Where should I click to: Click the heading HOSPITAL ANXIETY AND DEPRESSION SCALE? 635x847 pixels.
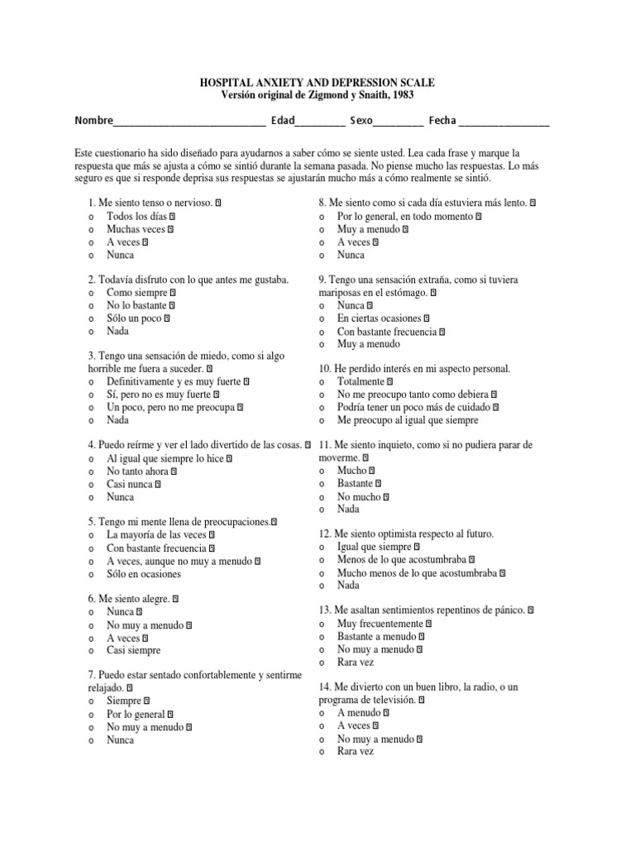317,84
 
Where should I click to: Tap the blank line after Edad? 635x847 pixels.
320,122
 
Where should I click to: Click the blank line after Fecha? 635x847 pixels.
504,122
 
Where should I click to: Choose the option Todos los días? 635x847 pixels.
136,216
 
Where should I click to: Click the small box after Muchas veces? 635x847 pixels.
171,230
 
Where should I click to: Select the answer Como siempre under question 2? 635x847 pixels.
136,292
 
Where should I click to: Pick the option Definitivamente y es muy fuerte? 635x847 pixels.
174,382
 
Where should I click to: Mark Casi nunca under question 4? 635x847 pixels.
129,484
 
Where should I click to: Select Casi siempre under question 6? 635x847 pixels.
133,651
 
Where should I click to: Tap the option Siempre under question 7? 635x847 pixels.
124,701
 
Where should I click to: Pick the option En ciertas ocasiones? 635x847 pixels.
379,318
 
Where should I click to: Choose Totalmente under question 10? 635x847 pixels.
360,382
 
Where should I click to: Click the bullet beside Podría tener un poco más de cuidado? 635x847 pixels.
321,408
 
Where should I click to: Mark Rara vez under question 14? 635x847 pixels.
356,752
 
